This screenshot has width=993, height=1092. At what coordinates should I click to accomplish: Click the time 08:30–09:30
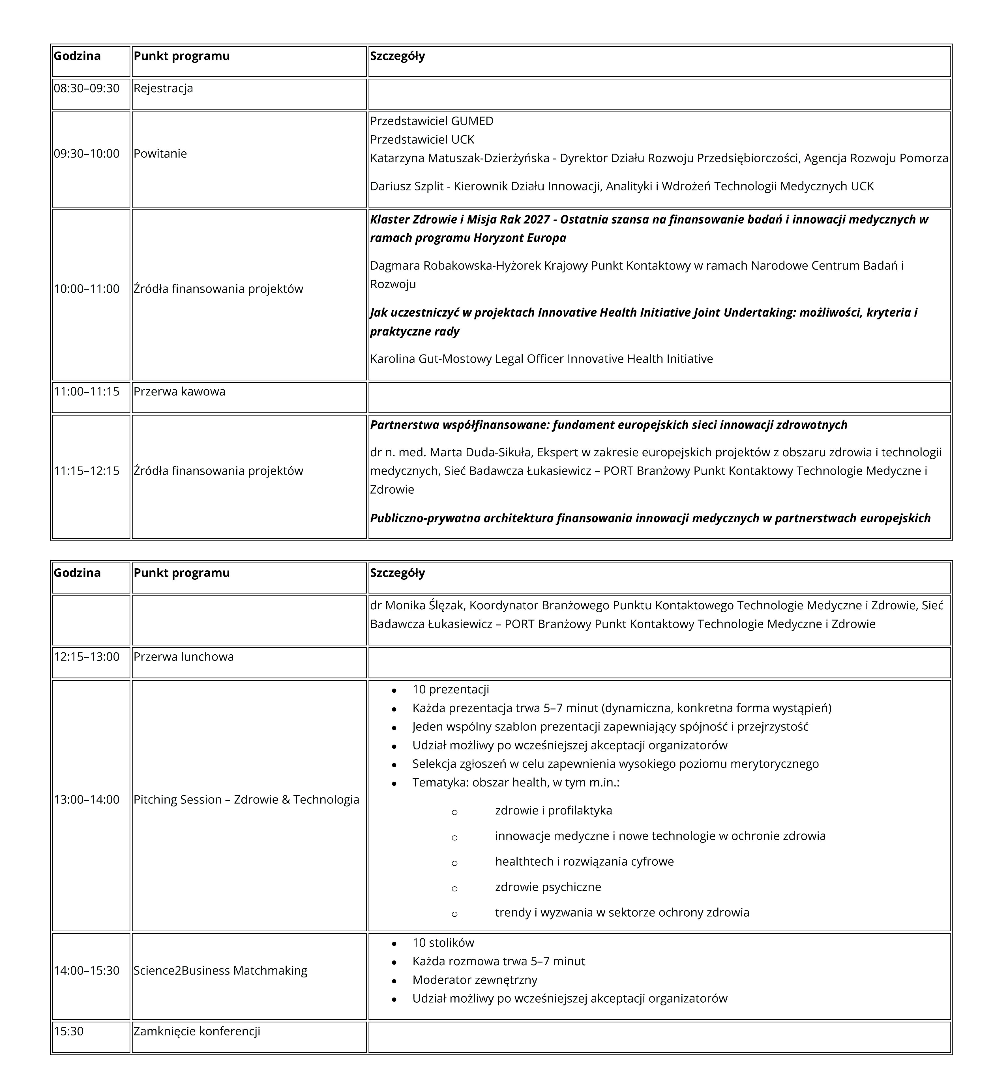[x=87, y=88]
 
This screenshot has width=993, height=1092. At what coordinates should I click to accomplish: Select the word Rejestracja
[x=163, y=88]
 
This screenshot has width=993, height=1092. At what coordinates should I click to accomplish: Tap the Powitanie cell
[x=160, y=154]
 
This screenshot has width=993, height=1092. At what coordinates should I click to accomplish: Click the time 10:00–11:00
[x=87, y=289]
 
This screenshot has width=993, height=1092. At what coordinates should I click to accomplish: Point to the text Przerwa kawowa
[x=179, y=392]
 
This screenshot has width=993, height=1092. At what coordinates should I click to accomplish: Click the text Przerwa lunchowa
[x=184, y=657]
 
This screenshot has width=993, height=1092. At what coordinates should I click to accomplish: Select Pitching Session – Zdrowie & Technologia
[x=246, y=799]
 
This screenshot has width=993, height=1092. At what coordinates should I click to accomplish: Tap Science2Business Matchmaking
[x=220, y=971]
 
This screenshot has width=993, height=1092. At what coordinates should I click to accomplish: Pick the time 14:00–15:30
[x=87, y=971]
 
